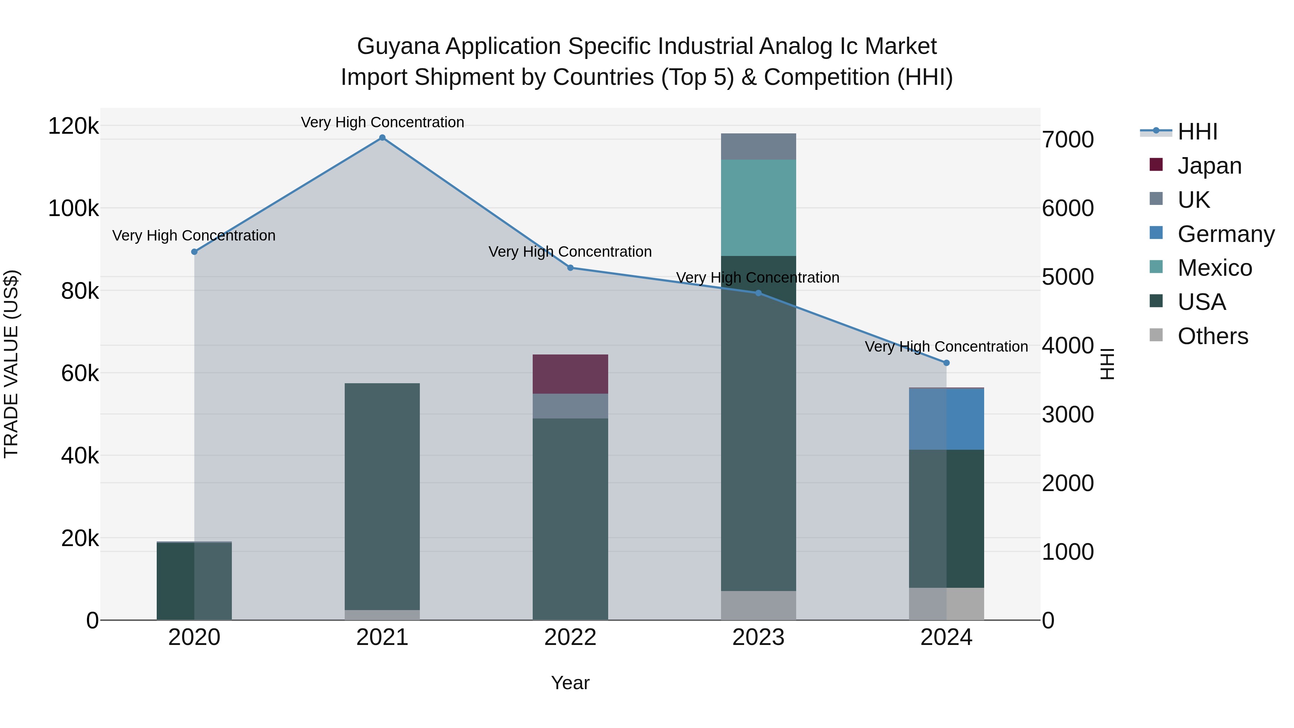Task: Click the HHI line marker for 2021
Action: click(382, 138)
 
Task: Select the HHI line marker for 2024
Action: click(946, 363)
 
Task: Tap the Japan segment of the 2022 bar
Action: click(570, 374)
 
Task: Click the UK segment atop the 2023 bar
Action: click(758, 146)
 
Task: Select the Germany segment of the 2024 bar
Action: click(946, 419)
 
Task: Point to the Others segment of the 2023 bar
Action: click(758, 605)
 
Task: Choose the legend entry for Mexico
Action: click(1214, 268)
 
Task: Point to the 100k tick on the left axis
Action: click(73, 209)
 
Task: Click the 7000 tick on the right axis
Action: click(1068, 140)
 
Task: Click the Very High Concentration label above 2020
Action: click(194, 235)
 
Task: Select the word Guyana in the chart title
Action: click(398, 46)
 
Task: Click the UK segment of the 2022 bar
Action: click(570, 406)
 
